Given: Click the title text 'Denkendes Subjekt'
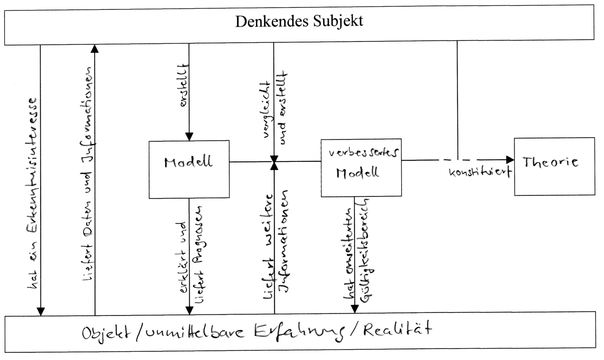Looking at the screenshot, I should [299, 21].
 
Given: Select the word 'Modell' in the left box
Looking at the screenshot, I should [188, 162].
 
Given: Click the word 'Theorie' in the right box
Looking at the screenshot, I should [550, 162].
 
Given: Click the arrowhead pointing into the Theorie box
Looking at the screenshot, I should [510, 160].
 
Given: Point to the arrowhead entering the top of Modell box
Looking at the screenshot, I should [189, 137].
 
